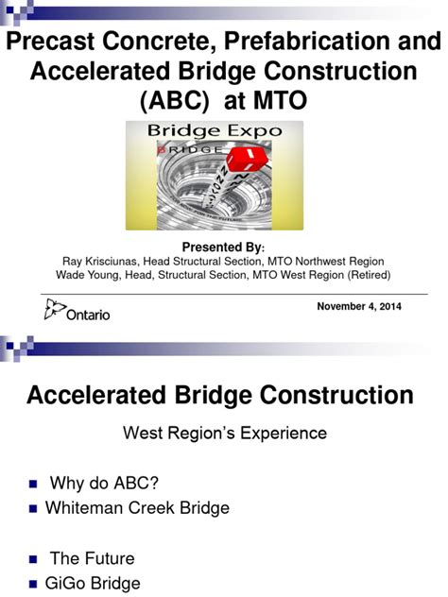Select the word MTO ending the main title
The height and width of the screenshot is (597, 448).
click(279, 101)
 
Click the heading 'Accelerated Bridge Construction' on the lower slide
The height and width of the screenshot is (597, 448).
click(219, 395)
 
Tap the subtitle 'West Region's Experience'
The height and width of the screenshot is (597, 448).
click(225, 434)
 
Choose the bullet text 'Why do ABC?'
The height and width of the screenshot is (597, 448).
click(104, 484)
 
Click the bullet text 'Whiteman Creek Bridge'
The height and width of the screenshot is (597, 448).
click(137, 508)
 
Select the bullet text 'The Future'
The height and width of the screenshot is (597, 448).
click(92, 558)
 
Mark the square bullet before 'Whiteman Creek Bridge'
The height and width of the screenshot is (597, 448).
click(34, 509)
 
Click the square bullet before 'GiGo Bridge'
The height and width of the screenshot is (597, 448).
click(34, 584)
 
